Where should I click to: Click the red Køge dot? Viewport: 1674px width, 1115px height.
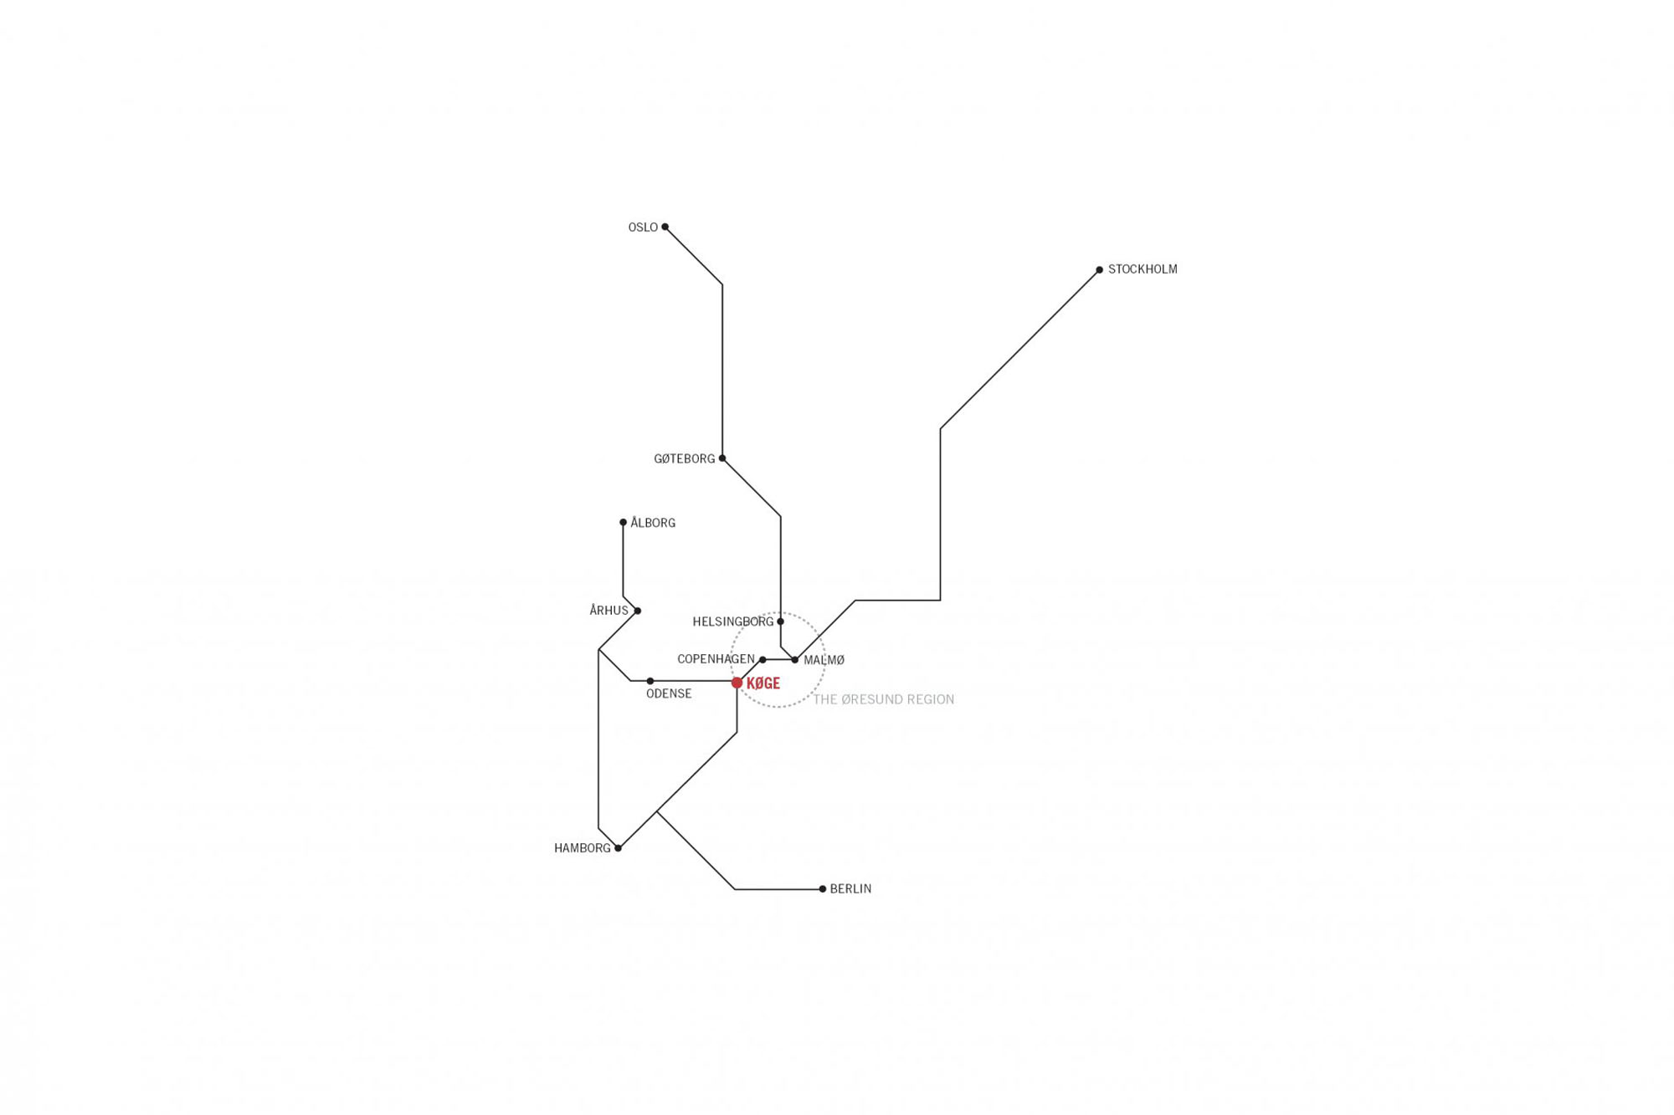pos(737,683)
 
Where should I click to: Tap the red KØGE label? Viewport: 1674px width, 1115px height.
pos(763,683)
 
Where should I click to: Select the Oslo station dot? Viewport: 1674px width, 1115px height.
pos(665,227)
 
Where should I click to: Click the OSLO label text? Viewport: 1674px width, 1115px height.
pos(643,228)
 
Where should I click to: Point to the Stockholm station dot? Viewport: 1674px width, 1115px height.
pos(1099,269)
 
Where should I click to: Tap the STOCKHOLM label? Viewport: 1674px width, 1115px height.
pos(1143,269)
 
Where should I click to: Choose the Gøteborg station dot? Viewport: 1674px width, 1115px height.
pos(722,458)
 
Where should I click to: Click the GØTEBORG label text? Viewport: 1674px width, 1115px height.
pos(685,459)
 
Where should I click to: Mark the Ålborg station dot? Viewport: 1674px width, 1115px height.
pos(623,522)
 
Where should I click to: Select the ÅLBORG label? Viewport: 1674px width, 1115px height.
pos(653,523)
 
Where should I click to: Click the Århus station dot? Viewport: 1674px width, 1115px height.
pos(638,611)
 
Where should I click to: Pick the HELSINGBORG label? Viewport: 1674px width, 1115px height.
pos(733,621)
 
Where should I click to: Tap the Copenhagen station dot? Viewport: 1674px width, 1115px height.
pos(763,659)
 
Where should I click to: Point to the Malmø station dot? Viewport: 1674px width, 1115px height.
pos(794,659)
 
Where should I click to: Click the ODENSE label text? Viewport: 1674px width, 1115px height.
pos(669,693)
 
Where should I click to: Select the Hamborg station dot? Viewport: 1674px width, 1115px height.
pos(619,848)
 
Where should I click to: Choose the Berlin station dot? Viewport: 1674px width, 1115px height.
pos(823,888)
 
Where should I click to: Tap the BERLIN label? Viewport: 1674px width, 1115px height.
pos(850,889)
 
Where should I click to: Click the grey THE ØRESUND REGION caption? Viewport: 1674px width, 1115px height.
pos(884,699)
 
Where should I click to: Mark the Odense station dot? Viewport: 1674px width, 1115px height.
pos(650,681)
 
